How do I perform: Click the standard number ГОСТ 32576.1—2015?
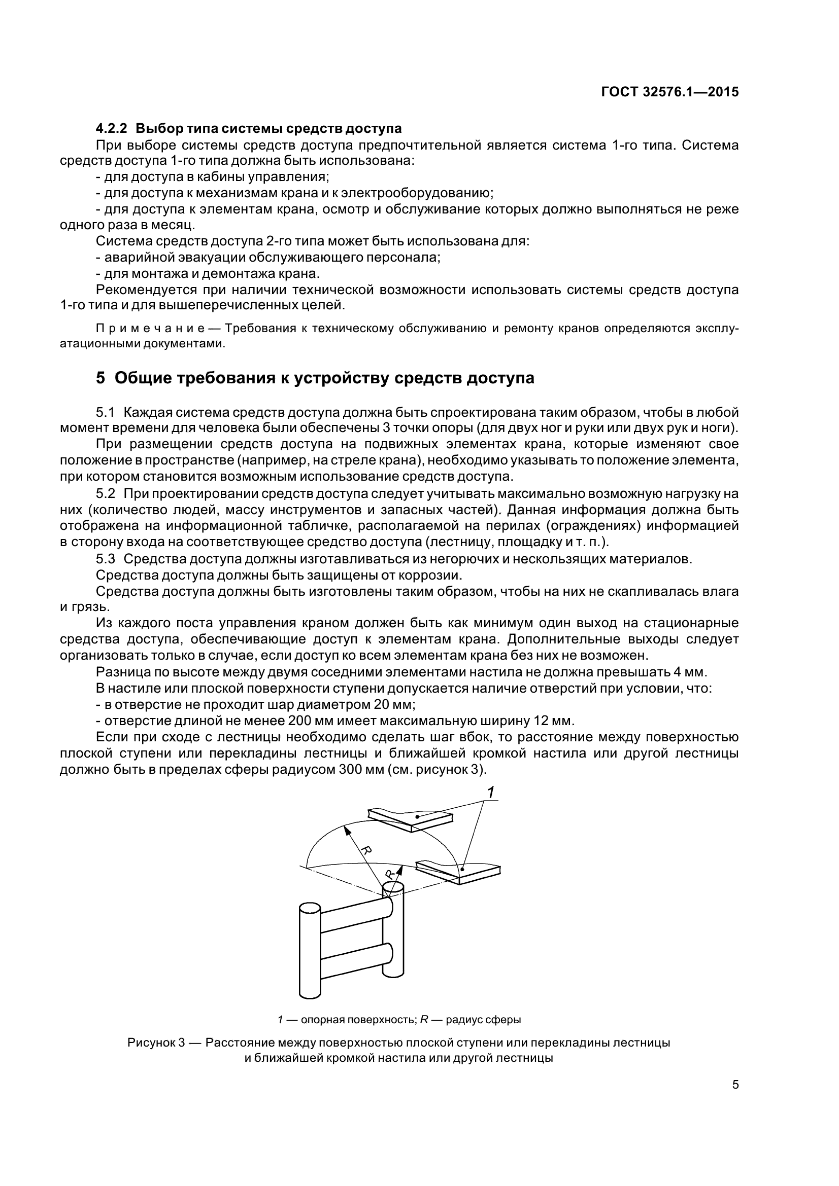(669, 92)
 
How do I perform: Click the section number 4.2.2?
(112, 128)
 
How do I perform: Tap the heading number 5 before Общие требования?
(100, 378)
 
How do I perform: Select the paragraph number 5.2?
(105, 493)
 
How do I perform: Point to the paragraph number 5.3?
(105, 559)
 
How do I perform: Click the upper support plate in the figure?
(411, 820)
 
